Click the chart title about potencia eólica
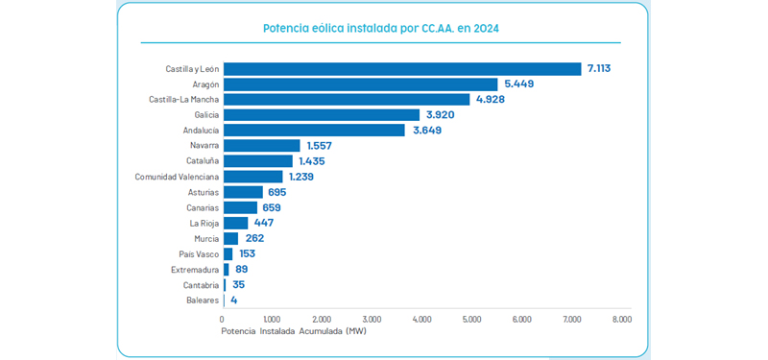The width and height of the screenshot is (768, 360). click(x=381, y=29)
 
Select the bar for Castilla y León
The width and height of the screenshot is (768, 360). click(x=402, y=68)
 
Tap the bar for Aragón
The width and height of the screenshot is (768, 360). click(x=360, y=84)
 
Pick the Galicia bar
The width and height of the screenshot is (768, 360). click(x=322, y=114)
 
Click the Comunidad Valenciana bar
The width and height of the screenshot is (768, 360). click(x=253, y=177)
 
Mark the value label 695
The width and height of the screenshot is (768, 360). click(x=277, y=192)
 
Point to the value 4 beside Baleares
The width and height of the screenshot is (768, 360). click(x=233, y=300)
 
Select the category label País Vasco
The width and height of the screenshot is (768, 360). click(x=199, y=254)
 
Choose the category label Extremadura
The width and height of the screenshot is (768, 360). click(x=193, y=270)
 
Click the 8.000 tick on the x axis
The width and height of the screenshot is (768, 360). click(x=621, y=319)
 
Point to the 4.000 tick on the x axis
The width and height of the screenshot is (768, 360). click(x=421, y=319)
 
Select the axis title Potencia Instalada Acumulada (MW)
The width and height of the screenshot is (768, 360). click(x=293, y=331)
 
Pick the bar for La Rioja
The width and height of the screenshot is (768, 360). click(x=235, y=223)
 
